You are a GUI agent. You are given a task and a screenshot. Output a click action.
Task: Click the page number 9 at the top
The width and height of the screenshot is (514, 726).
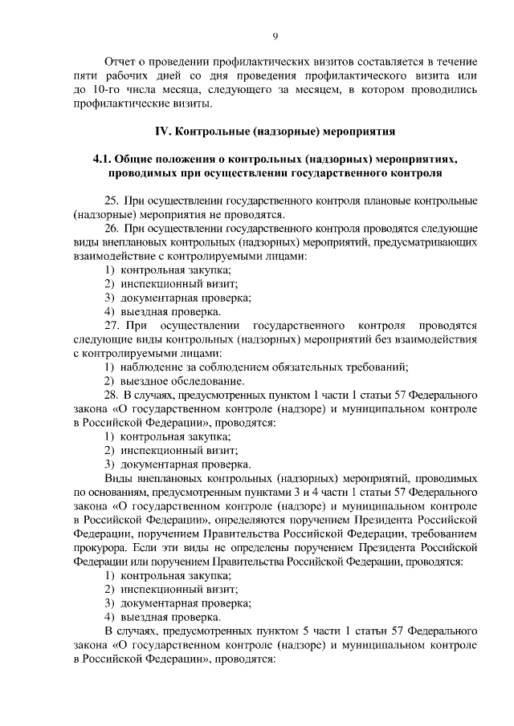[x=275, y=36]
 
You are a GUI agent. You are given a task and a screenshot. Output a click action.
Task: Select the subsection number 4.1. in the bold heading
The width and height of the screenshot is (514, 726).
[x=105, y=159]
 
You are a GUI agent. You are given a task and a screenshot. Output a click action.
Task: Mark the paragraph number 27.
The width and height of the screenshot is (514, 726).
[x=112, y=326]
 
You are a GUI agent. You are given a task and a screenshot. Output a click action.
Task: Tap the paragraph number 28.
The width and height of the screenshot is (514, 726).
[x=112, y=395]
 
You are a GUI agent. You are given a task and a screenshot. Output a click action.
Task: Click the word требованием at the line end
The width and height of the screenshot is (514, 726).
[x=448, y=533]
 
